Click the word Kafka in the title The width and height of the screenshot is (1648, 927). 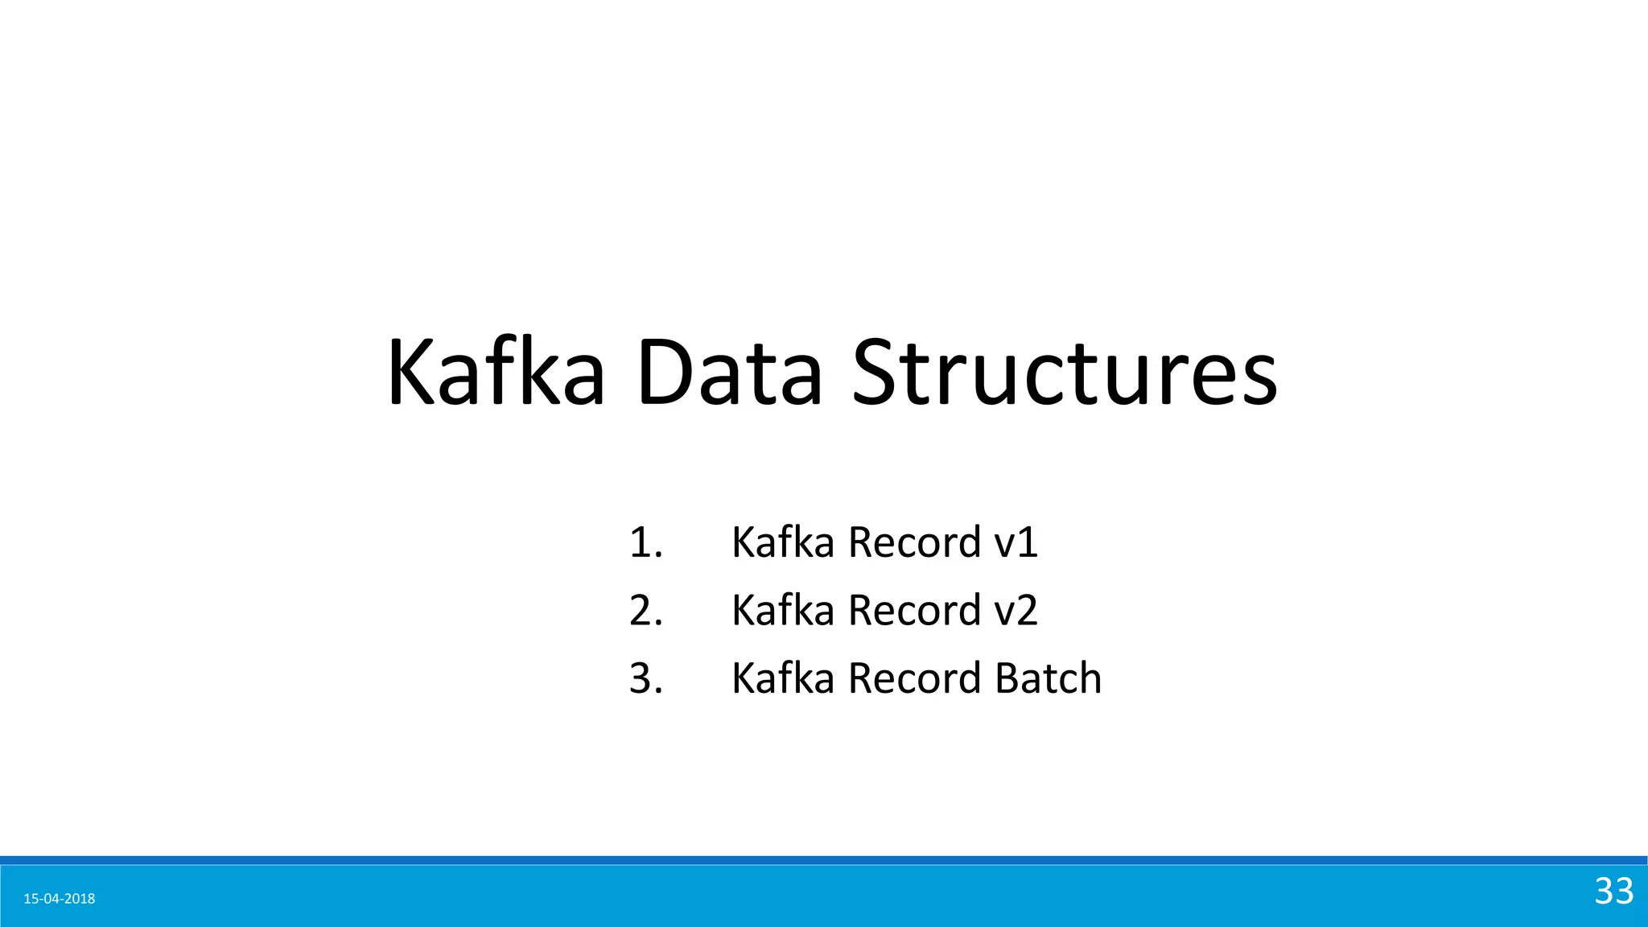(496, 373)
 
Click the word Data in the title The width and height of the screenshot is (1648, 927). (729, 373)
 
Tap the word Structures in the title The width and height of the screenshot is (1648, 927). (1064, 373)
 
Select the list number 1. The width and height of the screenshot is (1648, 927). (645, 542)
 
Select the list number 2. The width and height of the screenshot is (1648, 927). (645, 610)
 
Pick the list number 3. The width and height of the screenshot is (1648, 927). (645, 678)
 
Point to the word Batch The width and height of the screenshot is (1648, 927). (1048, 678)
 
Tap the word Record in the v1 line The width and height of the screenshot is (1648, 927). (914, 542)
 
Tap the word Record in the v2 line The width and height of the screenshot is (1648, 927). (914, 610)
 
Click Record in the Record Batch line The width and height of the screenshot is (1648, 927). (914, 678)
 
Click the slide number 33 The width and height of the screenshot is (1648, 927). (1613, 891)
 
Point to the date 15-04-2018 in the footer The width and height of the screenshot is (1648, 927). (60, 899)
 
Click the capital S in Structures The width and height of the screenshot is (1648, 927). (875, 373)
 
